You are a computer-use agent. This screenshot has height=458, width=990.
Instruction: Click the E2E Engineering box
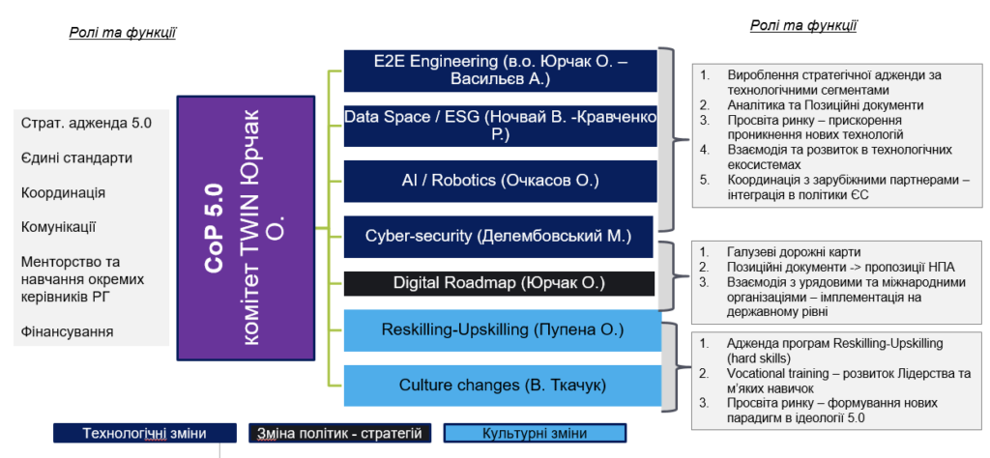(x=501, y=71)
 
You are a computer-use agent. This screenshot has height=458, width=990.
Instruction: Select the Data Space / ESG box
(x=501, y=126)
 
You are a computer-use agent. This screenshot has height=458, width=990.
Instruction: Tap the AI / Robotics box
(x=501, y=181)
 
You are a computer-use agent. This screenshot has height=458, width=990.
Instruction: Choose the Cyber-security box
(x=499, y=236)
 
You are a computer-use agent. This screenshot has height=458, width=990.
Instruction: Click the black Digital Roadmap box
(x=499, y=283)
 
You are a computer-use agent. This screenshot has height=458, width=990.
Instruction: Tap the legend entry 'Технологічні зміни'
(x=144, y=433)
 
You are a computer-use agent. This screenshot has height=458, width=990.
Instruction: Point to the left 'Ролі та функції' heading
(x=122, y=34)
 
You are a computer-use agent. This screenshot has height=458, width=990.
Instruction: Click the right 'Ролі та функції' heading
(x=802, y=25)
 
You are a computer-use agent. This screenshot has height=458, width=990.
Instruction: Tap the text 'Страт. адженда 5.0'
(x=86, y=123)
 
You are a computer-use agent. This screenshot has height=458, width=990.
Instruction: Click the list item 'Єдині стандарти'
(x=77, y=157)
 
